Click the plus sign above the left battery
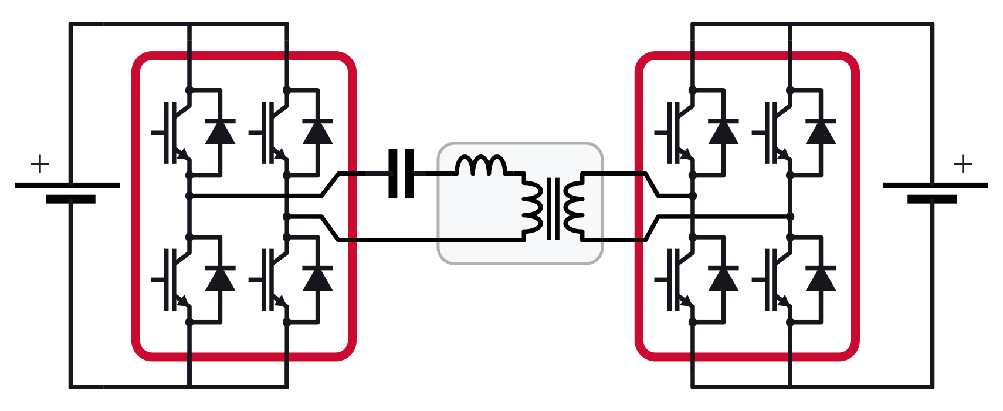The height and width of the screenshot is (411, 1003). click(x=39, y=164)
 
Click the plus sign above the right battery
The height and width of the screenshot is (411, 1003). click(x=963, y=164)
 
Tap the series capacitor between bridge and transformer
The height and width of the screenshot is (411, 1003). click(x=401, y=174)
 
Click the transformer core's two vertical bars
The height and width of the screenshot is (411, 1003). click(x=553, y=208)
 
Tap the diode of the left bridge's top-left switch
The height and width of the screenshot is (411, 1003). click(x=220, y=132)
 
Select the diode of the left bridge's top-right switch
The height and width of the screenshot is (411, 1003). click(x=317, y=132)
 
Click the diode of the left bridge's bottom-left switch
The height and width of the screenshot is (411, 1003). click(x=220, y=278)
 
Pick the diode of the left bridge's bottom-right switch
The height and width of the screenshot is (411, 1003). click(x=317, y=278)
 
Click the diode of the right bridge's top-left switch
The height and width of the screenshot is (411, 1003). click(x=723, y=132)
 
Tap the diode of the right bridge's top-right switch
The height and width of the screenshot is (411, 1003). click(x=821, y=132)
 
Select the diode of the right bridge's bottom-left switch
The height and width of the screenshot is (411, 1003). click(x=723, y=278)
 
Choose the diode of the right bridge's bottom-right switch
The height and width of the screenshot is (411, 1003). click(x=821, y=278)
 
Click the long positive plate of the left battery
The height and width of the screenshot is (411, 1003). click(x=67, y=186)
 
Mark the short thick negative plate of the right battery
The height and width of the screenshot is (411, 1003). click(x=932, y=200)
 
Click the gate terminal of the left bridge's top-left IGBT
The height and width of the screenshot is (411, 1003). click(x=157, y=132)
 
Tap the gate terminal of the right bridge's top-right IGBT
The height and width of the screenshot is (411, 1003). click(x=758, y=132)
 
